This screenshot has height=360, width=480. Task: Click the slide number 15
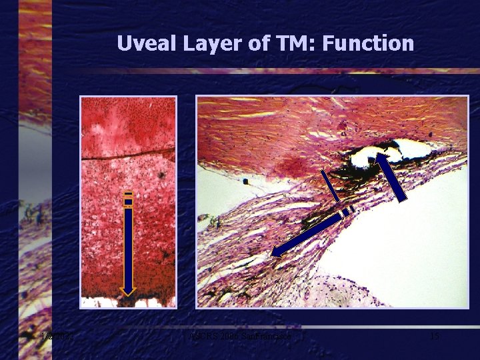(x=434, y=337)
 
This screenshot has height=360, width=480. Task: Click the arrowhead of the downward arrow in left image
(x=127, y=290)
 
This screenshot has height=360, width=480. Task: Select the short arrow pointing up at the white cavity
(x=393, y=177)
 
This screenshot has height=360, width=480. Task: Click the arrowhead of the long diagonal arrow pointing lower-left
(x=277, y=251)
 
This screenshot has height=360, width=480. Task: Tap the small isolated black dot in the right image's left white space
(x=246, y=181)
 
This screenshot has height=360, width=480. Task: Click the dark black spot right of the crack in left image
(x=161, y=175)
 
